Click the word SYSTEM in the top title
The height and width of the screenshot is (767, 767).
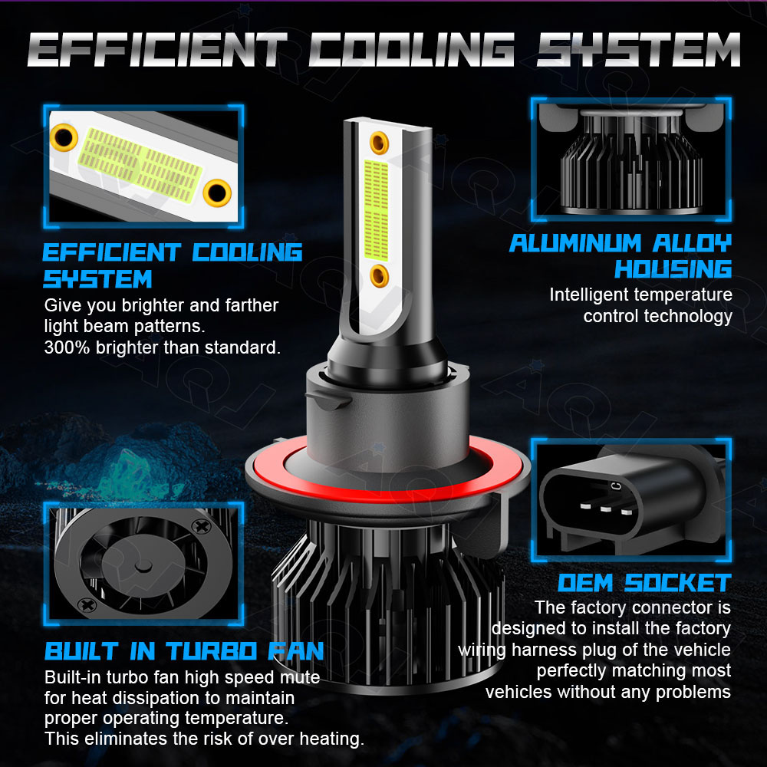pyautogui.click(x=638, y=49)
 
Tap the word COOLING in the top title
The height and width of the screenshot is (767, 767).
pyautogui.click(x=412, y=49)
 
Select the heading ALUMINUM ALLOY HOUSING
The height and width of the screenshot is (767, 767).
pyautogui.click(x=621, y=256)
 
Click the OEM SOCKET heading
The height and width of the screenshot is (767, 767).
pyautogui.click(x=645, y=583)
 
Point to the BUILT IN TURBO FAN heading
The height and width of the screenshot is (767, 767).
pyautogui.click(x=184, y=651)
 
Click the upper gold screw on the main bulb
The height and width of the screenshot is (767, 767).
pyautogui.click(x=379, y=143)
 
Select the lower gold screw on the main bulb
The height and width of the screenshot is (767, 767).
pyautogui.click(x=379, y=276)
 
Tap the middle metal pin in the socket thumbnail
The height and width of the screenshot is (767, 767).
pyautogui.click(x=606, y=509)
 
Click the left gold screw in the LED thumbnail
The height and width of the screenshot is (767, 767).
pyautogui.click(x=64, y=137)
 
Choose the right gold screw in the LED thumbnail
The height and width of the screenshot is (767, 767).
pyautogui.click(x=217, y=193)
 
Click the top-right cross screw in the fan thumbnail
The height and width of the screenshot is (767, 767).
pyautogui.click(x=200, y=526)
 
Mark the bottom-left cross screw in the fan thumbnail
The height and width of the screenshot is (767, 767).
pyautogui.click(x=87, y=605)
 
